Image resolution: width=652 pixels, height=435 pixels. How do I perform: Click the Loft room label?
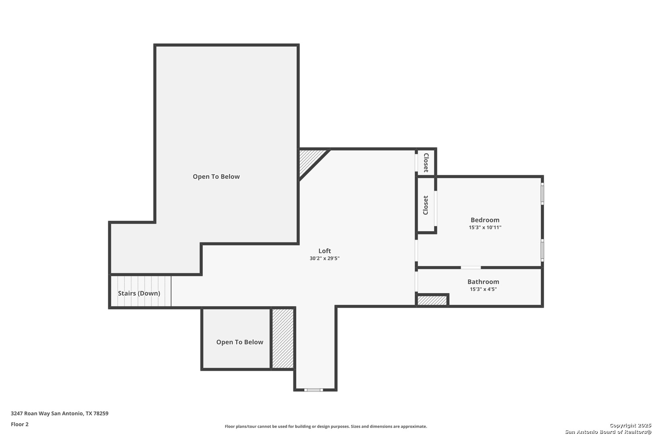point(324,251)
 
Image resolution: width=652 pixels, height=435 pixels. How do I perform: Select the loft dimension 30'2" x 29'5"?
point(324,259)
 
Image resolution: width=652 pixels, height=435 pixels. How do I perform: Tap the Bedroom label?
point(485,220)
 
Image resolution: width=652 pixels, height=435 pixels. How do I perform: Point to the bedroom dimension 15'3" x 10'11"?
point(485,228)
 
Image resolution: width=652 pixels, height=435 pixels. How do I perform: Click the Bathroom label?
point(483,282)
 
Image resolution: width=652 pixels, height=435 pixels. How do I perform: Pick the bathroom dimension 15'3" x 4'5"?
point(483,289)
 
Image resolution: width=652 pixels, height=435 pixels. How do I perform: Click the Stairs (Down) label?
point(139,293)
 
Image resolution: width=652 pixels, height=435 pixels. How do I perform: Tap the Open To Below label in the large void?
point(216,176)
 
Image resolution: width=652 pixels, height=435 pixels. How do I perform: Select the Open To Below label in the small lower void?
point(239,342)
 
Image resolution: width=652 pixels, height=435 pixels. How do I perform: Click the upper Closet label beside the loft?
point(426,163)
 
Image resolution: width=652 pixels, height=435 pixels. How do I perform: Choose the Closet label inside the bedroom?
point(425,205)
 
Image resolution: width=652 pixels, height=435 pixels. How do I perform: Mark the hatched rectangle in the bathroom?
point(432,300)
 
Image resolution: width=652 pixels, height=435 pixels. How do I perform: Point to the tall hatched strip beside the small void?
point(283,338)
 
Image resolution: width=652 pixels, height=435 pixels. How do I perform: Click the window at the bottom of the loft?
point(314,390)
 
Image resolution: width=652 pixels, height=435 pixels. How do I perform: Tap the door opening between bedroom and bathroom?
point(470,267)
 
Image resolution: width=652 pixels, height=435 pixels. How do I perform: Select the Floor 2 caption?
point(20,425)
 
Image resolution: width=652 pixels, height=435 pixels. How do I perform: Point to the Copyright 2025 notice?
point(630,426)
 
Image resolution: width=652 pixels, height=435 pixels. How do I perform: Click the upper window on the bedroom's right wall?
point(542,193)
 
